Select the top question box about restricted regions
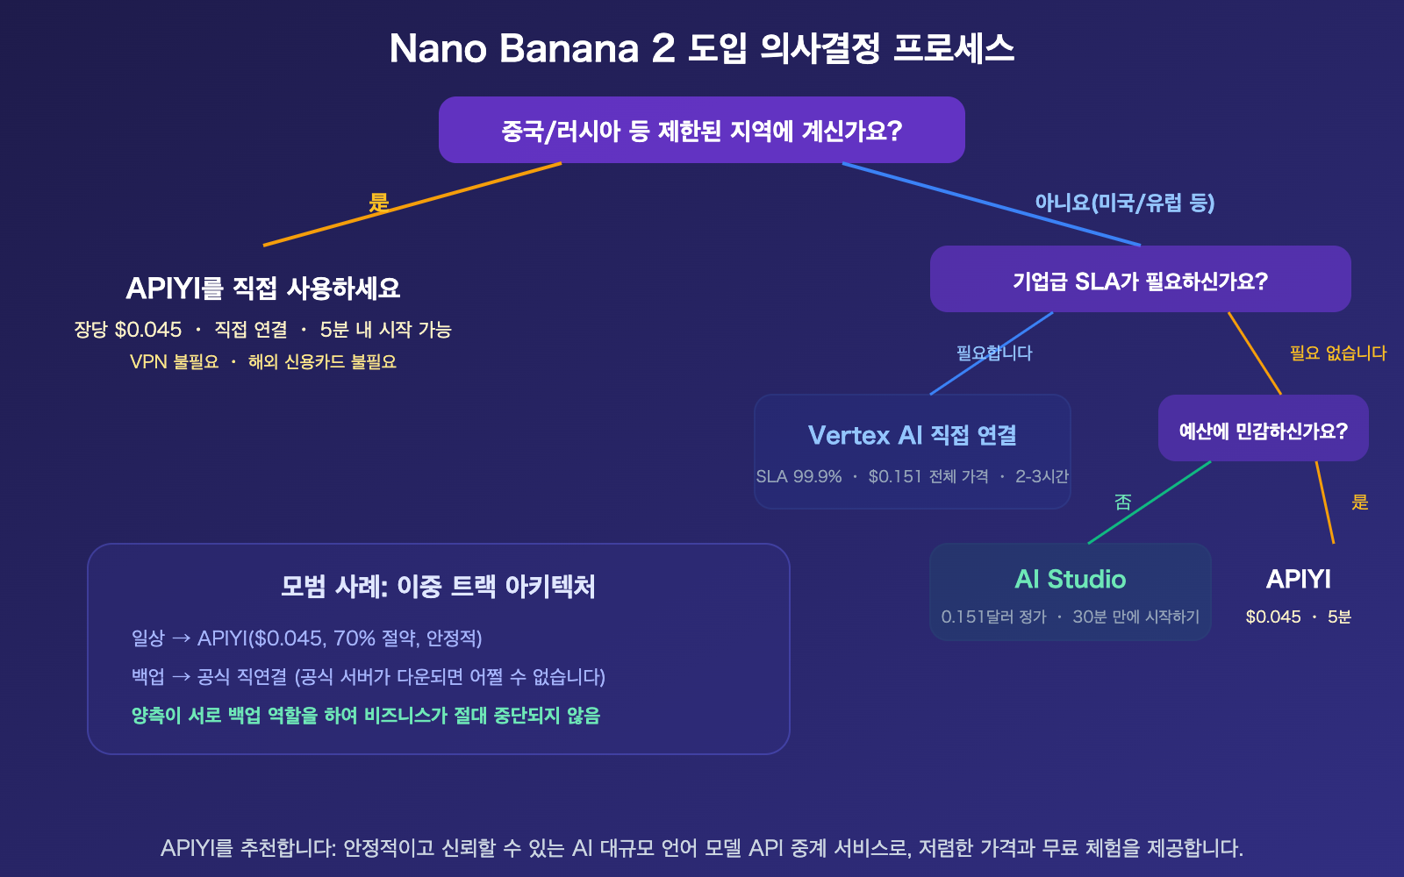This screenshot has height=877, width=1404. [x=701, y=131]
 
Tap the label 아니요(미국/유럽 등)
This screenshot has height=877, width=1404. [x=1124, y=203]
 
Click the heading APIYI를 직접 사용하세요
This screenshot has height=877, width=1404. [x=262, y=289]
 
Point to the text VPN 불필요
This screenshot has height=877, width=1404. [x=174, y=362]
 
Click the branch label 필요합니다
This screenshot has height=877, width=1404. [x=994, y=353]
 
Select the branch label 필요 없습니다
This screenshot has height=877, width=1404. [x=1337, y=353]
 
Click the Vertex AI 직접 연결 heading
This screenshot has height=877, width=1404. [x=912, y=435]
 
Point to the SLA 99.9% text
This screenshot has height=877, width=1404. [x=799, y=477]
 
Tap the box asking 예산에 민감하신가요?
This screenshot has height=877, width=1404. [x=1263, y=431]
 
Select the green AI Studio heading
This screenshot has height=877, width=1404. [x=1070, y=579]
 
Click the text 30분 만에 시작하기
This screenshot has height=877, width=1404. [x=1135, y=617]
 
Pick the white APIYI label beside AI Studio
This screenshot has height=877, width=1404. [x=1298, y=579]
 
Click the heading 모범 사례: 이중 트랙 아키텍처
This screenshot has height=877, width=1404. [x=438, y=586]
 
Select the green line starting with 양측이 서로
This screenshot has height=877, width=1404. [x=365, y=716]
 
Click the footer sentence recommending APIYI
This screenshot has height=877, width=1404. [x=701, y=848]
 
